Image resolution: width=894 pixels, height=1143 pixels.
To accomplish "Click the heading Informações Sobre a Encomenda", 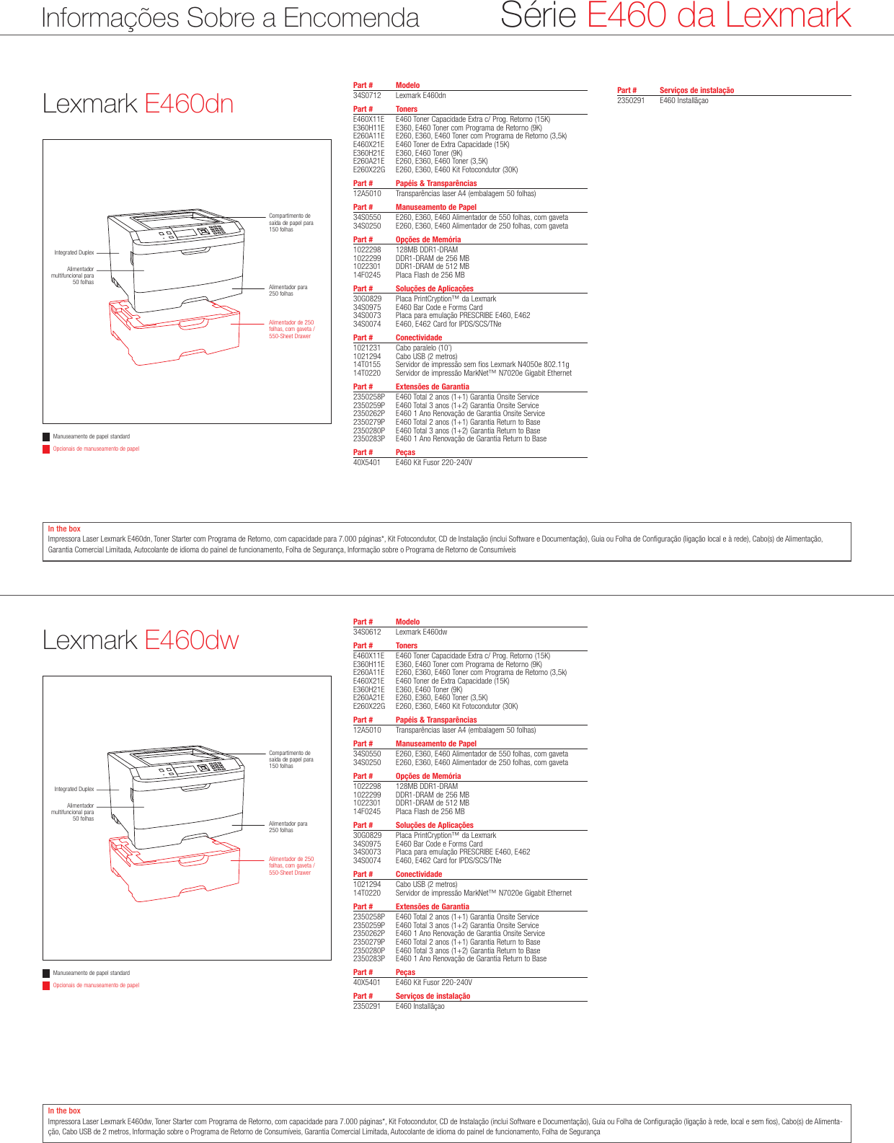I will (230, 17).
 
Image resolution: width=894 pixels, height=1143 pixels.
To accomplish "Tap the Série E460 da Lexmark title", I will (676, 15).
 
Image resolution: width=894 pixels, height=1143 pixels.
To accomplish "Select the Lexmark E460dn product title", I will (138, 104).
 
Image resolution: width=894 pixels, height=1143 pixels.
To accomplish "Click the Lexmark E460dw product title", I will (141, 640).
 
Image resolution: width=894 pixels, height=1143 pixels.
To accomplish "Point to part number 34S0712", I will (367, 95).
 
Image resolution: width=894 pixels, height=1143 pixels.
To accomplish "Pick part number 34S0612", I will (367, 632).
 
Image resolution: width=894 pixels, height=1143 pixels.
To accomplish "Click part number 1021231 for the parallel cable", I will (367, 348).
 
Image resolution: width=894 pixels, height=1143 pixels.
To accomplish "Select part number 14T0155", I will (367, 365).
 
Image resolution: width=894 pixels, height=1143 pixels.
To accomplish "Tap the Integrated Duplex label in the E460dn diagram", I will (74, 252).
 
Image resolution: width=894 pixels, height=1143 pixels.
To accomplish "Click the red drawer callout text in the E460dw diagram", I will (291, 865).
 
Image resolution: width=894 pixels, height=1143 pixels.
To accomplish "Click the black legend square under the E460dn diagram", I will (46, 436).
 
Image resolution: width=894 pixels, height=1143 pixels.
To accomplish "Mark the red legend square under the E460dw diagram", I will (46, 985).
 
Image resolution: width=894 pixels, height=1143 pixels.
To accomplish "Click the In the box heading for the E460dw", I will (64, 1111).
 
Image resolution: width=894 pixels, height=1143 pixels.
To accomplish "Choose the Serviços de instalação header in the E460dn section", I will (696, 90).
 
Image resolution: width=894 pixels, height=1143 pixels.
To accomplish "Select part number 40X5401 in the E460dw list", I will (367, 982).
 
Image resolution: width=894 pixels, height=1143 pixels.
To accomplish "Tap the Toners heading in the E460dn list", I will (407, 109).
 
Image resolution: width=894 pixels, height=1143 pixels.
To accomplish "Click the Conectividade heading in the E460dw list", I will (419, 874).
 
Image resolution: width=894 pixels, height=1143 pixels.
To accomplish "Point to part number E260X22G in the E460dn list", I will (369, 170).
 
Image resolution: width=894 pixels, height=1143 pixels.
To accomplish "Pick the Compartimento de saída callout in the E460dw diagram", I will (291, 759).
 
